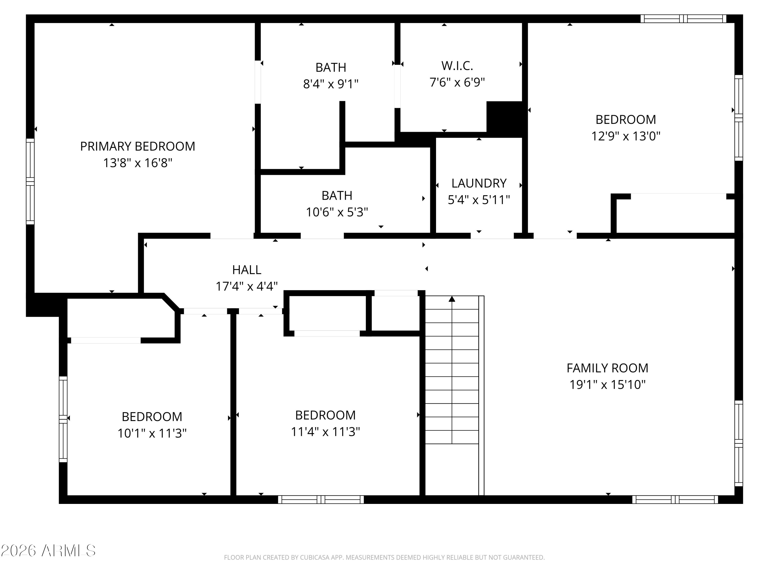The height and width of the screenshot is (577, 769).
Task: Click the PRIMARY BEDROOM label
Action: pyautogui.click(x=138, y=146)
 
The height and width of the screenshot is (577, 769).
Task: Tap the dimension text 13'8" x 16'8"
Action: pyautogui.click(x=138, y=163)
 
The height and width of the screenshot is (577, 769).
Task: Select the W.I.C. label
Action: pyautogui.click(x=457, y=66)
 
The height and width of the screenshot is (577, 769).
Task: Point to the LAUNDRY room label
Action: pyautogui.click(x=479, y=183)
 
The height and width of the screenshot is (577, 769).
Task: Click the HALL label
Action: pyautogui.click(x=247, y=270)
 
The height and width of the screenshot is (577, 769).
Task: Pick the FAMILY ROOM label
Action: pyautogui.click(x=607, y=368)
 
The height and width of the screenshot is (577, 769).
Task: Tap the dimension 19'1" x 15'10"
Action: pyautogui.click(x=607, y=385)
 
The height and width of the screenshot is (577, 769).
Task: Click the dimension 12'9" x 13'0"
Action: pyautogui.click(x=626, y=136)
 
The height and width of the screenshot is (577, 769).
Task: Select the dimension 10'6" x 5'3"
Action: pyautogui.click(x=337, y=212)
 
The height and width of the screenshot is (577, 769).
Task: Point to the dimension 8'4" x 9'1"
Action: pyautogui.click(x=331, y=84)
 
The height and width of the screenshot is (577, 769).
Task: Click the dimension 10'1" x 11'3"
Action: pyautogui.click(x=152, y=433)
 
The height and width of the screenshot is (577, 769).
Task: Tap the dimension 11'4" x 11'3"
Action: pyautogui.click(x=325, y=432)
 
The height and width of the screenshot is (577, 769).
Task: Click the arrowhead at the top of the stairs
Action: pyautogui.click(x=452, y=299)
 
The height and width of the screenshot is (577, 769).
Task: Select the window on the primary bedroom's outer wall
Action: pyautogui.click(x=30, y=182)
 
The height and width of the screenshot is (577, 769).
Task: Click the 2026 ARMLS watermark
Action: pyautogui.click(x=48, y=551)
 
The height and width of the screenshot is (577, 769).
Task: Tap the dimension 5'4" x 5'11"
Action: pyautogui.click(x=479, y=200)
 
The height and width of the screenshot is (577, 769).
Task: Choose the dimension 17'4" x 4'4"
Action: pyautogui.click(x=247, y=286)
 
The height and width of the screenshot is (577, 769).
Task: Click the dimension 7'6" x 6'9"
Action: pyautogui.click(x=457, y=82)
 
